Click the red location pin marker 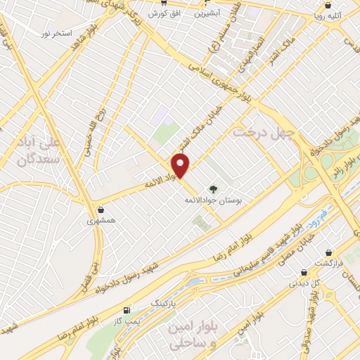point(181,166)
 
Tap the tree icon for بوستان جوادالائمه point(212,188)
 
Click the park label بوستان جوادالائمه point(213,200)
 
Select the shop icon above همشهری point(101,210)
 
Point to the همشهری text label point(100,221)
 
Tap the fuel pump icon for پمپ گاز point(127,310)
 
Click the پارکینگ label point(165,302)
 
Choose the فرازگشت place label point(328,262)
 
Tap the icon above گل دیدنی point(304,272)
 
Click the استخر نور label point(57,33)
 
